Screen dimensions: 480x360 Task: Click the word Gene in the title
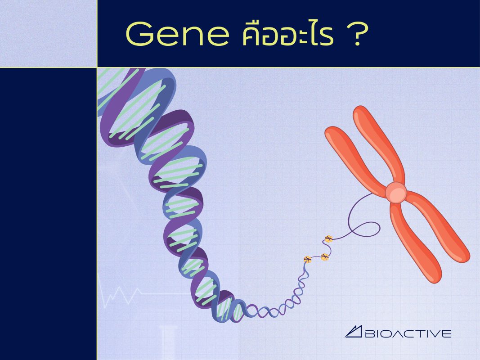[x=178, y=34]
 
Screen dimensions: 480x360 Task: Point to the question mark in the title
[x=358, y=34]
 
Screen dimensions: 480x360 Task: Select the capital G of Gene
[x=139, y=34]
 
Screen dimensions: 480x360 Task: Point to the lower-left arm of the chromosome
[x=415, y=242]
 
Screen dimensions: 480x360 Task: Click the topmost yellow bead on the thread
[x=328, y=239]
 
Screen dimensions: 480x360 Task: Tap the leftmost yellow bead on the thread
[x=308, y=259]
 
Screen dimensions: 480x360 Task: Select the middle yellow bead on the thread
[x=325, y=257]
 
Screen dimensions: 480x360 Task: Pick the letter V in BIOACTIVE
[x=437, y=333]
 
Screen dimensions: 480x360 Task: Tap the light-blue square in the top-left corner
[x=49, y=33]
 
